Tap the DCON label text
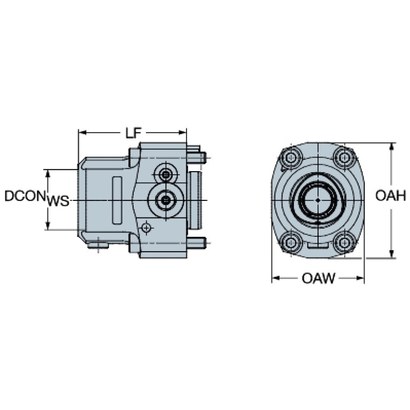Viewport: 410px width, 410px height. pos(24,196)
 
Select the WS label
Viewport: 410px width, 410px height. pos(58,201)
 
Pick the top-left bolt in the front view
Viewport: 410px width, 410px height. pos(291,158)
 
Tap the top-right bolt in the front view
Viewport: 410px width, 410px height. pos(344,158)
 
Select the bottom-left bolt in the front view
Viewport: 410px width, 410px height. pos(291,243)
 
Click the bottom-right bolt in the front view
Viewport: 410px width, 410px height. pos(344,243)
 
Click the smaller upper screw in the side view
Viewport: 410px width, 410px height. pos(166,175)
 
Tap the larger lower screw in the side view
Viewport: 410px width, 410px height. pos(165,200)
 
